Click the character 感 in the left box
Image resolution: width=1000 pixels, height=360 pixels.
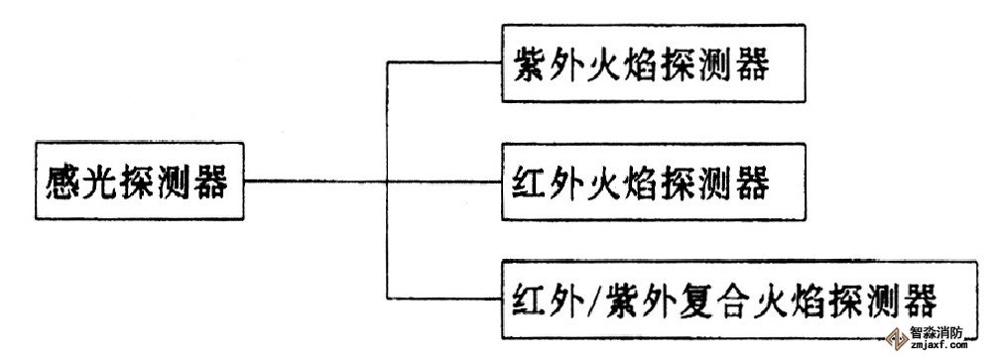coord(63,182)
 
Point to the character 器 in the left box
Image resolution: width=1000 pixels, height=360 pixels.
coord(210,182)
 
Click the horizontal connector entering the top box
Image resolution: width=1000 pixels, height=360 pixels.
coord(443,62)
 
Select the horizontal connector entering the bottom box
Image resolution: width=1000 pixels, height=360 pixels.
coord(443,300)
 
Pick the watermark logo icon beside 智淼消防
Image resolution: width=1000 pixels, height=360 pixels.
coord(898,339)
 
